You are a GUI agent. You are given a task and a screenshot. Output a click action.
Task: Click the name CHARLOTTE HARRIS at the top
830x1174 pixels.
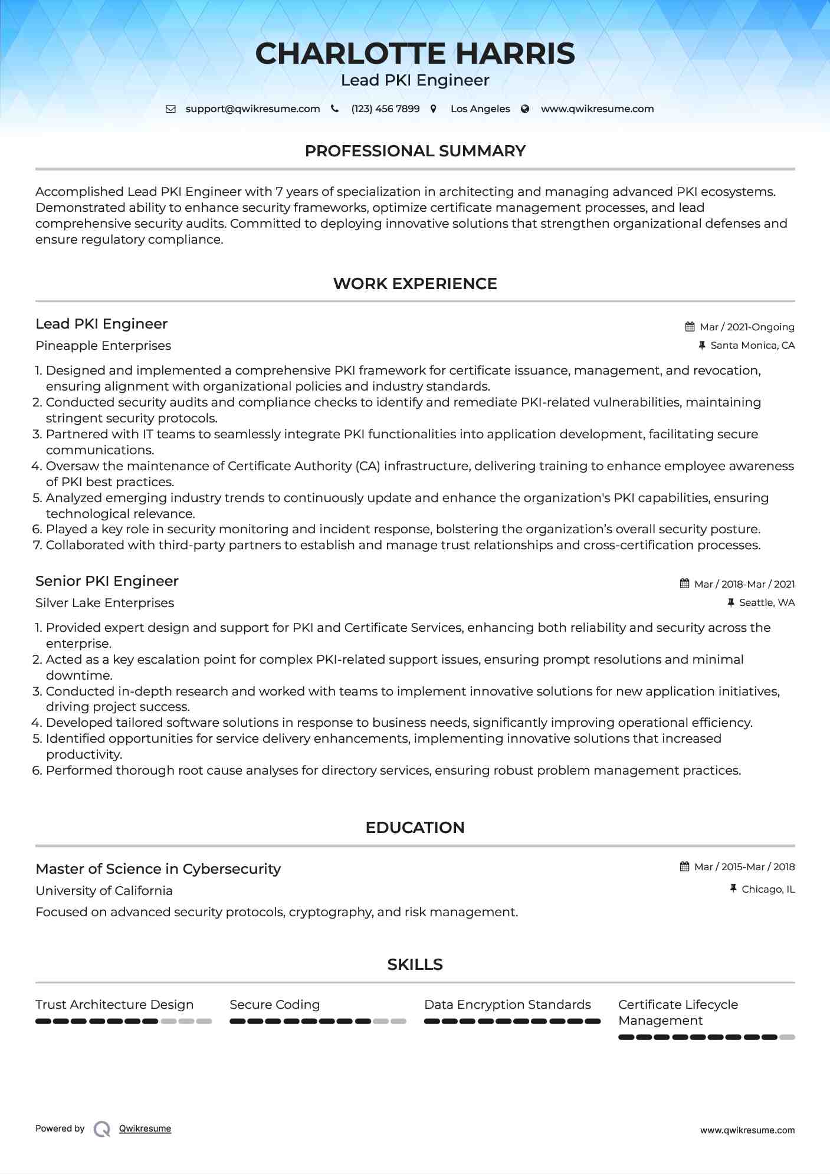tap(415, 54)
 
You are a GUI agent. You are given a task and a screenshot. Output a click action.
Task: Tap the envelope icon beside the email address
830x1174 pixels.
tap(170, 109)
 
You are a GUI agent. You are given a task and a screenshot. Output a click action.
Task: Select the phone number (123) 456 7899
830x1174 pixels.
tap(385, 109)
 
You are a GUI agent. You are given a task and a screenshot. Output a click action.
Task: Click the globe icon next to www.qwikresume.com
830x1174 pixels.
tap(525, 109)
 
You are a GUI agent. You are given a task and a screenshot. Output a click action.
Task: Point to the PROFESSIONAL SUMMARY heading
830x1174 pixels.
tap(415, 151)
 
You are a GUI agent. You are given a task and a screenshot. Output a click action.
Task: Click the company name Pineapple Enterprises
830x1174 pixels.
tap(103, 346)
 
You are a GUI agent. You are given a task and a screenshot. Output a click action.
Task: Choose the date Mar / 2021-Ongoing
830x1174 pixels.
tap(747, 327)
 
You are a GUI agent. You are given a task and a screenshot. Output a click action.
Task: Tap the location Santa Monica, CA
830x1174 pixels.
tap(752, 346)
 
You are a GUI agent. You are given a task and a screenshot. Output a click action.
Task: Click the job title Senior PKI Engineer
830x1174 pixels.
tap(107, 581)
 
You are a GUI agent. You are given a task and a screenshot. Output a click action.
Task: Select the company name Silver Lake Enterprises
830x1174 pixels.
tap(104, 603)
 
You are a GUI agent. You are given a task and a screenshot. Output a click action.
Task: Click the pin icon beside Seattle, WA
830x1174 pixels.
tap(731, 602)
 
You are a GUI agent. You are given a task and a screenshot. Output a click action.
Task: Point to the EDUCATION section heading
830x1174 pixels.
tap(415, 828)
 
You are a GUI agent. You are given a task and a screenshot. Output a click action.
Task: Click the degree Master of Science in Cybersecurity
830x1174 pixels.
tap(158, 869)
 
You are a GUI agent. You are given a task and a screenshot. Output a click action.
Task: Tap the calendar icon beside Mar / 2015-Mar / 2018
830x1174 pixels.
tap(684, 867)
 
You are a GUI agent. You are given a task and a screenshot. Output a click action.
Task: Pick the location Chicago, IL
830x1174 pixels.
tap(768, 889)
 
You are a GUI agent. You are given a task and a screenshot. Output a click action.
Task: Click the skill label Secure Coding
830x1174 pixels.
tap(274, 1005)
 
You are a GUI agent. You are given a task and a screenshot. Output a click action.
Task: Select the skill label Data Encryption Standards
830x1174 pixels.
tap(507, 1005)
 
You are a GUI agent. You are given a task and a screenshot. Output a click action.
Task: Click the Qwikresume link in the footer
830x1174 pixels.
tap(145, 1129)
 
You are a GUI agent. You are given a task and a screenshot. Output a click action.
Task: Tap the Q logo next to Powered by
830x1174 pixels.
tap(102, 1129)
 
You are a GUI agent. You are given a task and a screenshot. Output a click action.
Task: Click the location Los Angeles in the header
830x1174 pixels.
tap(480, 109)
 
